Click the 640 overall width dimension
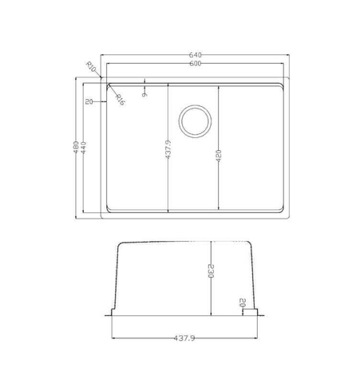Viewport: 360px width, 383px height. (x=193, y=55)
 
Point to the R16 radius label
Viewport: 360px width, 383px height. (x=120, y=99)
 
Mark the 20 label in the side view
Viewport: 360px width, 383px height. (x=242, y=303)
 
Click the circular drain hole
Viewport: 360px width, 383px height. (x=194, y=120)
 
